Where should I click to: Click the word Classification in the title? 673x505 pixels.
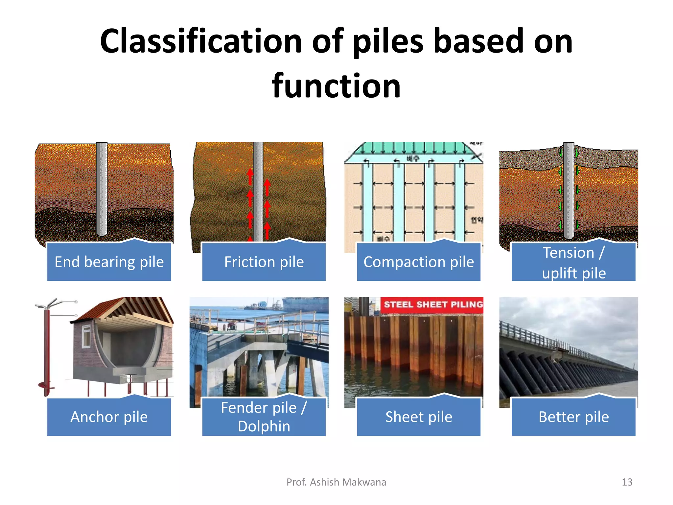pos(200,41)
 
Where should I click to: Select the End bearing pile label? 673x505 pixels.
pos(109,262)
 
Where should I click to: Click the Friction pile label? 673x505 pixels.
pos(264,262)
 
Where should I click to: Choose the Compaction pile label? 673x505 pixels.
pos(419,262)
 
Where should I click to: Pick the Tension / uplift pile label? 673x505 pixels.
pos(573,263)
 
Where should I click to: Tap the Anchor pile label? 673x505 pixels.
pos(109,417)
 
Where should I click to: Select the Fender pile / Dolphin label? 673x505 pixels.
pos(264,417)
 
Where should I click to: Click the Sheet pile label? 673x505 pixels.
pos(419,417)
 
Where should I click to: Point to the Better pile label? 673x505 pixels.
pos(573,417)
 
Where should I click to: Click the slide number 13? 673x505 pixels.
pos(627,482)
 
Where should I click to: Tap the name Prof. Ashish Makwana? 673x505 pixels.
pos(336,482)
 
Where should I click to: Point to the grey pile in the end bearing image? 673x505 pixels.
pos(102,189)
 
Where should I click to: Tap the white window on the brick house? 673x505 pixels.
pos(86,336)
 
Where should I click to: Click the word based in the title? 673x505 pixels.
pos(478,41)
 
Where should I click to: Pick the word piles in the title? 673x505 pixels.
pos(388,41)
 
